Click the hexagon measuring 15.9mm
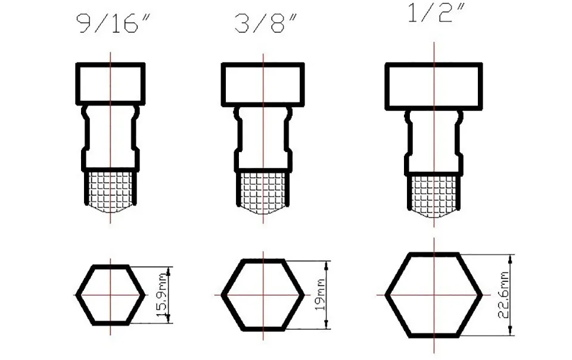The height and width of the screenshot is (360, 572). (x=110, y=295)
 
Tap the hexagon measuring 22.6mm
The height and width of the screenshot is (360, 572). (x=433, y=294)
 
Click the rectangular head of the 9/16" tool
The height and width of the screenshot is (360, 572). (x=110, y=83)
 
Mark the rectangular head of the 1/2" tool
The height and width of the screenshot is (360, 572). (x=433, y=86)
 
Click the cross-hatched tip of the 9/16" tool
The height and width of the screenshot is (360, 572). (x=110, y=190)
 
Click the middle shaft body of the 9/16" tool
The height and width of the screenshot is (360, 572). (x=110, y=137)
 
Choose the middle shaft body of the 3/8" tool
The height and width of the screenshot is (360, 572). (x=263, y=138)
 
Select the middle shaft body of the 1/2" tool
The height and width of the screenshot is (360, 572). (x=433, y=142)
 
